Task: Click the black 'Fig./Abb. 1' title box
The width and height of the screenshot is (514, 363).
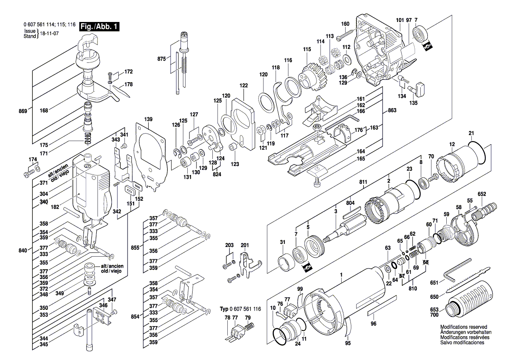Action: [99, 27]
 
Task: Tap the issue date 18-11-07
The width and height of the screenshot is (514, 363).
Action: [50, 33]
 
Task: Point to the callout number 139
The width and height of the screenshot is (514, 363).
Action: [149, 120]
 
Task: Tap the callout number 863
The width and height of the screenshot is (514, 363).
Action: [393, 112]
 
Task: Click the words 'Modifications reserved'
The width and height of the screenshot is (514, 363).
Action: [463, 328]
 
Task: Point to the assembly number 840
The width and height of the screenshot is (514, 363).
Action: [23, 250]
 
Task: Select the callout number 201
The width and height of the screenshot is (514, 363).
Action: [245, 245]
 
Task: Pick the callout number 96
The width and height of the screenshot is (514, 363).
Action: [373, 324]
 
